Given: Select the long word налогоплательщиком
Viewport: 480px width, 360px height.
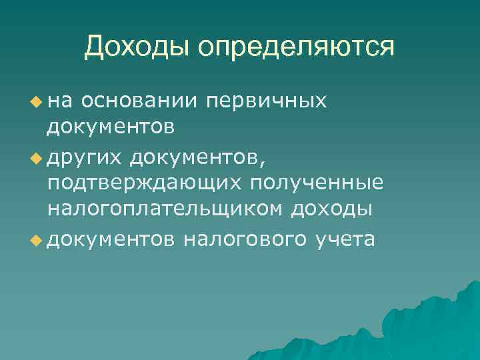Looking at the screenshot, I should click(x=164, y=210).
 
